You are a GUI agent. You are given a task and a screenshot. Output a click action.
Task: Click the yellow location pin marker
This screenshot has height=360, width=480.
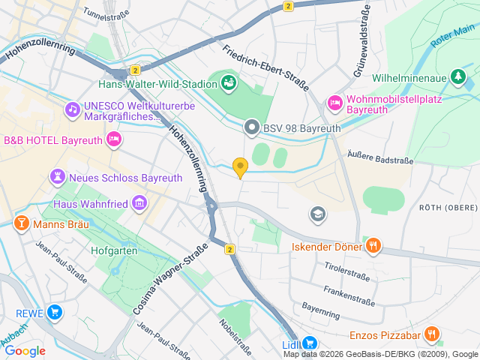[x=240, y=167]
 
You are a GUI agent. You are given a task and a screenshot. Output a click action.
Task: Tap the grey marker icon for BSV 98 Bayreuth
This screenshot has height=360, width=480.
[x=252, y=128]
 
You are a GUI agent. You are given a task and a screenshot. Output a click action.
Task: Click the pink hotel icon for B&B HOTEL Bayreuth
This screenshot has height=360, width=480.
[x=113, y=138]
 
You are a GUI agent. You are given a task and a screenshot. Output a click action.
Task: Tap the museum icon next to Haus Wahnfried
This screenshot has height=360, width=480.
[x=139, y=202]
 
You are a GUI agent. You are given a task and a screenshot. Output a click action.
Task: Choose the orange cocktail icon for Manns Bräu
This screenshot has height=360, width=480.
[x=22, y=223]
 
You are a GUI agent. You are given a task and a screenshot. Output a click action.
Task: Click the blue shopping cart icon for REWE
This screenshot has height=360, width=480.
[x=54, y=312]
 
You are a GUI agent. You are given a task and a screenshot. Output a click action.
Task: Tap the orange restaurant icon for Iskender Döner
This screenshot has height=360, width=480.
[x=373, y=245]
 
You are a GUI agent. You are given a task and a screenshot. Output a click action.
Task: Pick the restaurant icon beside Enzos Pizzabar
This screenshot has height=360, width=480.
[x=431, y=334]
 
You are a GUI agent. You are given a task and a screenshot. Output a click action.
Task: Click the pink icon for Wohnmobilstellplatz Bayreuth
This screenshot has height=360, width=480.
[x=335, y=102]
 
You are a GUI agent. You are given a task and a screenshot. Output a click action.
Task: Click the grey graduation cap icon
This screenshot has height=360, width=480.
[x=318, y=214]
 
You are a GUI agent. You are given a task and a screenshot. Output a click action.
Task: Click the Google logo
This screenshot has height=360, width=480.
[x=25, y=350]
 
